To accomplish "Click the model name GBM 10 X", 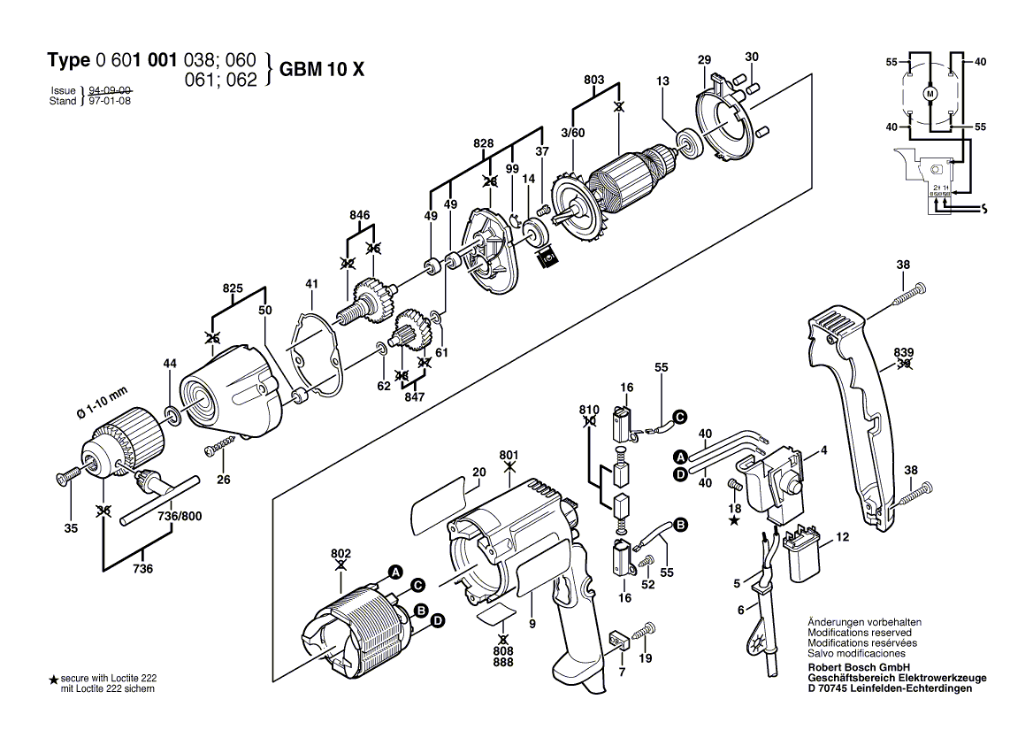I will pos(321,70).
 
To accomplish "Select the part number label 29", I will pos(704,60).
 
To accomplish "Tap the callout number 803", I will pos(594,81).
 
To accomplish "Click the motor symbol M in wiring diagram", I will pos(930,92).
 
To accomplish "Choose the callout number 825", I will pos(232,288).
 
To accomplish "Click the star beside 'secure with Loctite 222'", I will pos(53,680).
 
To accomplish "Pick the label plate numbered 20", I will pos(438,498).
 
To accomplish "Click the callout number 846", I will pos(359,215).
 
